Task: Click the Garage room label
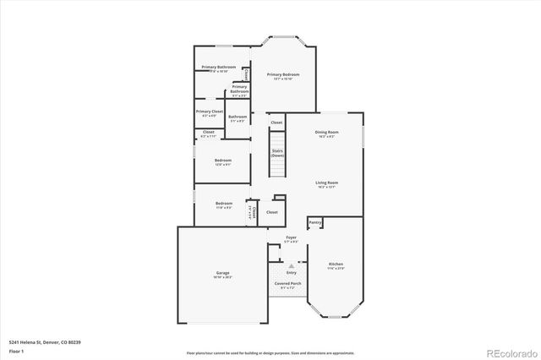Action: pos(222,273)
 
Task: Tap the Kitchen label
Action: pos(336,265)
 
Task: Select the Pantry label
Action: pos(315,223)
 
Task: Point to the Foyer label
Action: pos(292,238)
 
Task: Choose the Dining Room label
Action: pos(327,132)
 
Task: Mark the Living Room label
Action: pos(327,183)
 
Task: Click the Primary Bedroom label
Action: pos(283,75)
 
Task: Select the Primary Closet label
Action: pos(209,112)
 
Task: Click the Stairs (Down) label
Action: pos(277,154)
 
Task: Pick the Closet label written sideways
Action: pos(252,212)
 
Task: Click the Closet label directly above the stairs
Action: pos(276,123)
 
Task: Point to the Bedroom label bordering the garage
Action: pos(223,204)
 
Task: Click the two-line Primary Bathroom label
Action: pos(239,89)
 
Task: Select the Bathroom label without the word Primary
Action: pos(238,117)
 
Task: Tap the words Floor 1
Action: pos(16,350)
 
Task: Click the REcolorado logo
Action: pos(510,352)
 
